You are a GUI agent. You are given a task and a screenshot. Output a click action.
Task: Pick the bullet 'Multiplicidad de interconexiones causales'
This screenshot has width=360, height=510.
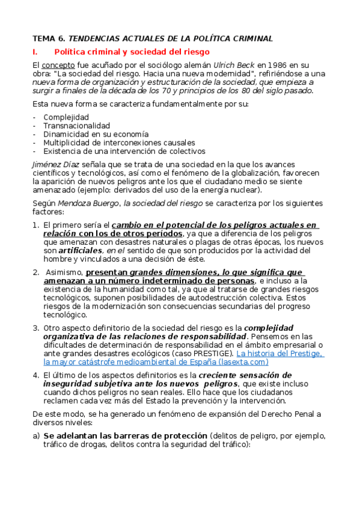click(x=119, y=143)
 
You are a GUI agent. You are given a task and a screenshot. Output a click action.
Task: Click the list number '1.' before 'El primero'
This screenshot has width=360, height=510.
click(x=35, y=225)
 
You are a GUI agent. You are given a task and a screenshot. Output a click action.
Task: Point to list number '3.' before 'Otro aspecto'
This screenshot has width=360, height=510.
click(x=35, y=328)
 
